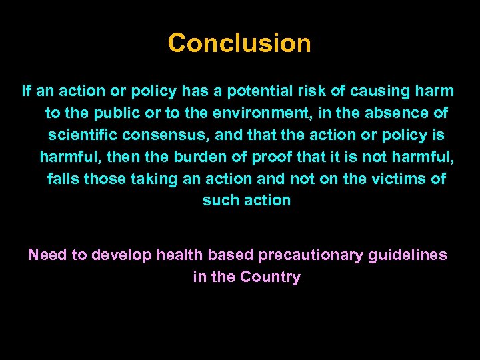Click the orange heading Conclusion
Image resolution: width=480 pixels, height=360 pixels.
point(239,43)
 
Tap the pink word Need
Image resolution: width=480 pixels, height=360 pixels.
point(46,255)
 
